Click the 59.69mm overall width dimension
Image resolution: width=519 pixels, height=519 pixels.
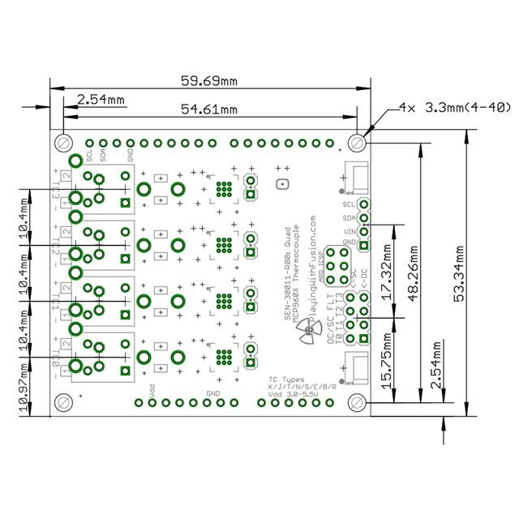point(208,81)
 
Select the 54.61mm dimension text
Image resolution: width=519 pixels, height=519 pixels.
point(208,109)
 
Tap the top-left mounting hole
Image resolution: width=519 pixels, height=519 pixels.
point(62,143)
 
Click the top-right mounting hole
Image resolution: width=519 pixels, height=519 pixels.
point(358,143)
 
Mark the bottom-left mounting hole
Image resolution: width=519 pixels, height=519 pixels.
point(62,401)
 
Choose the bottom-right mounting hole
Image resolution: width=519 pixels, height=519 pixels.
point(358,401)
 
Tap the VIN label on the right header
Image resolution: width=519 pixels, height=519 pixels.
point(350,231)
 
